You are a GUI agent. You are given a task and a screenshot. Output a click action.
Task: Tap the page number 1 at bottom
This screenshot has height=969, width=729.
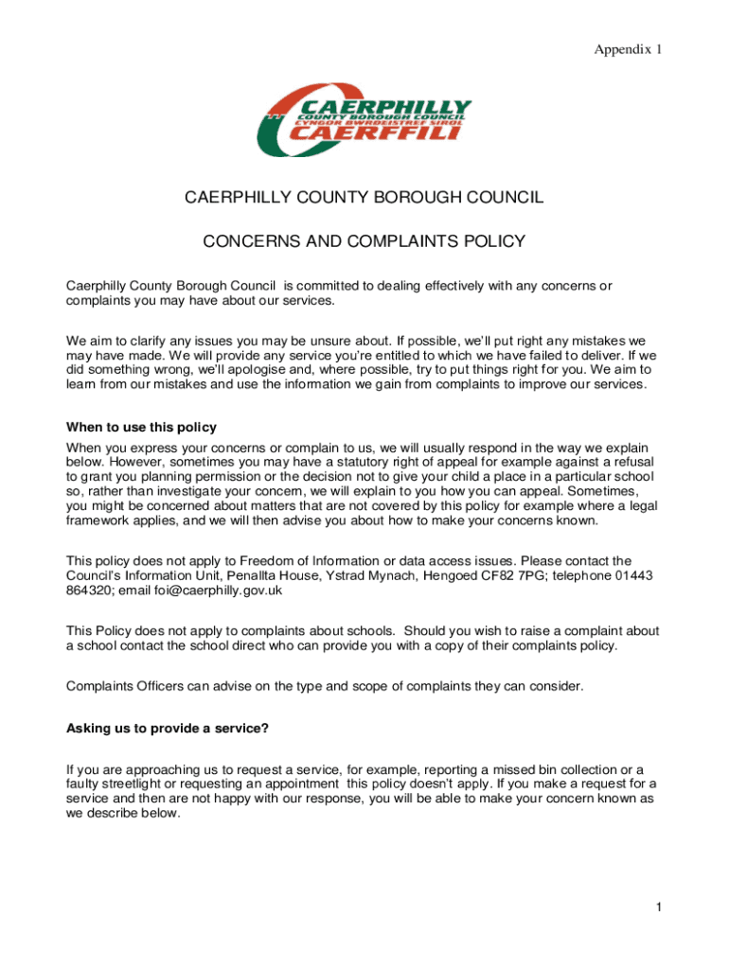point(657,908)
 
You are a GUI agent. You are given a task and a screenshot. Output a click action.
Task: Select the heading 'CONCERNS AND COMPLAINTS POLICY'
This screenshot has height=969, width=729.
point(364,242)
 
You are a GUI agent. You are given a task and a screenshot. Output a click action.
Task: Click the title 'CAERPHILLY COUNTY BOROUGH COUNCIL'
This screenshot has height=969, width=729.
point(364,198)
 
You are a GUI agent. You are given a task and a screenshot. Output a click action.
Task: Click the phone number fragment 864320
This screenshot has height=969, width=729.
point(88,590)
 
